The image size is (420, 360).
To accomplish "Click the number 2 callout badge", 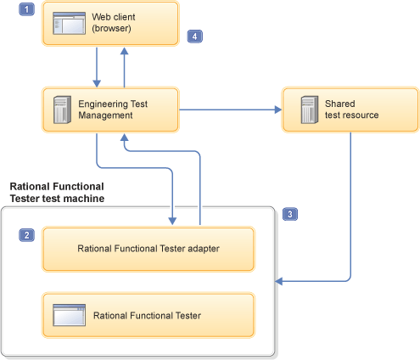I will (x=26, y=234).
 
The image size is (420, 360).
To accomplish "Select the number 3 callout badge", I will (x=291, y=214).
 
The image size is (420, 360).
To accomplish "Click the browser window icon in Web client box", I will (x=67, y=23).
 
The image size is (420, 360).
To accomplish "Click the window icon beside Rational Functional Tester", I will (x=67, y=315).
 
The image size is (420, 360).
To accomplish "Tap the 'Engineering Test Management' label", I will (x=115, y=109).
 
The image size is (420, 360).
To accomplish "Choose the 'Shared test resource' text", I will (x=351, y=109).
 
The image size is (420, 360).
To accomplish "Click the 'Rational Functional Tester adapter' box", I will (x=148, y=249).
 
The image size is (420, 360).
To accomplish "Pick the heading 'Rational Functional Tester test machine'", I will (x=57, y=192).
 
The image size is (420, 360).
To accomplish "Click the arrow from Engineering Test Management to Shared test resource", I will (x=229, y=109).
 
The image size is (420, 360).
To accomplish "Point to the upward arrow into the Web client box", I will (x=125, y=66).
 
